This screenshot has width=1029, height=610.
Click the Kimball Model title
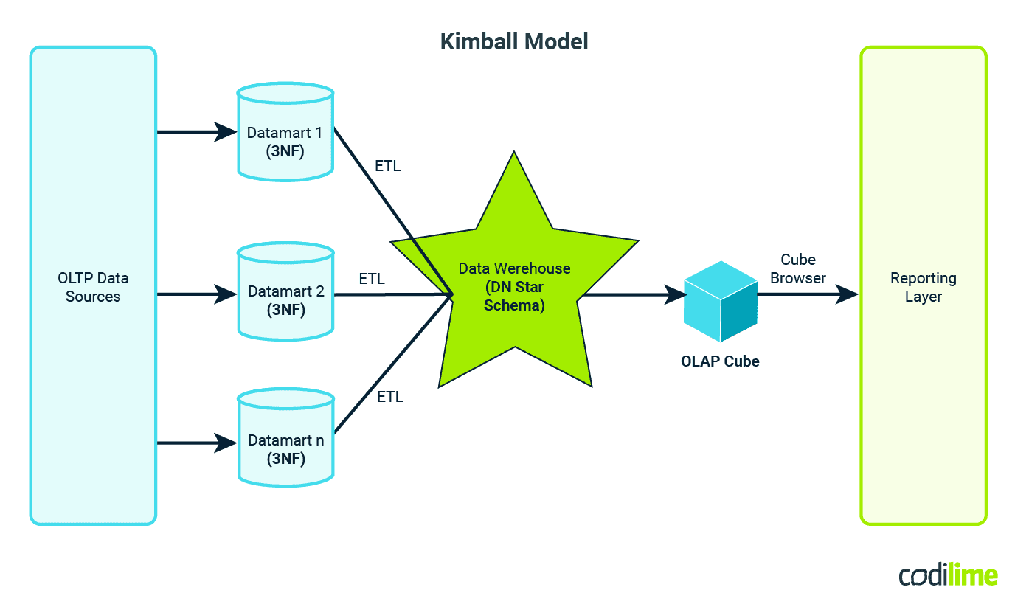514,41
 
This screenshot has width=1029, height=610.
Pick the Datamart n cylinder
285,443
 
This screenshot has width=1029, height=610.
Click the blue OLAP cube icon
720,301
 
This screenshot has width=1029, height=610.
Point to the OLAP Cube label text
720,361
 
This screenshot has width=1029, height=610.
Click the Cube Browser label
798,268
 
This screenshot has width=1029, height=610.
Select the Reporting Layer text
923,287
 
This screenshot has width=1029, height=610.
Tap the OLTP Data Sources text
93,287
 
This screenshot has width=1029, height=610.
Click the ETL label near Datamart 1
388,166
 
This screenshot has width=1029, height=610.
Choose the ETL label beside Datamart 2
372,279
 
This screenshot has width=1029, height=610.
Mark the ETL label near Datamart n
390,397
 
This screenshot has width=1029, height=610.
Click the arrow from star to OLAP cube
634,295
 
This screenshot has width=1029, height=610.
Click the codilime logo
948,575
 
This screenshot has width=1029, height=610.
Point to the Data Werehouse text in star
514,268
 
